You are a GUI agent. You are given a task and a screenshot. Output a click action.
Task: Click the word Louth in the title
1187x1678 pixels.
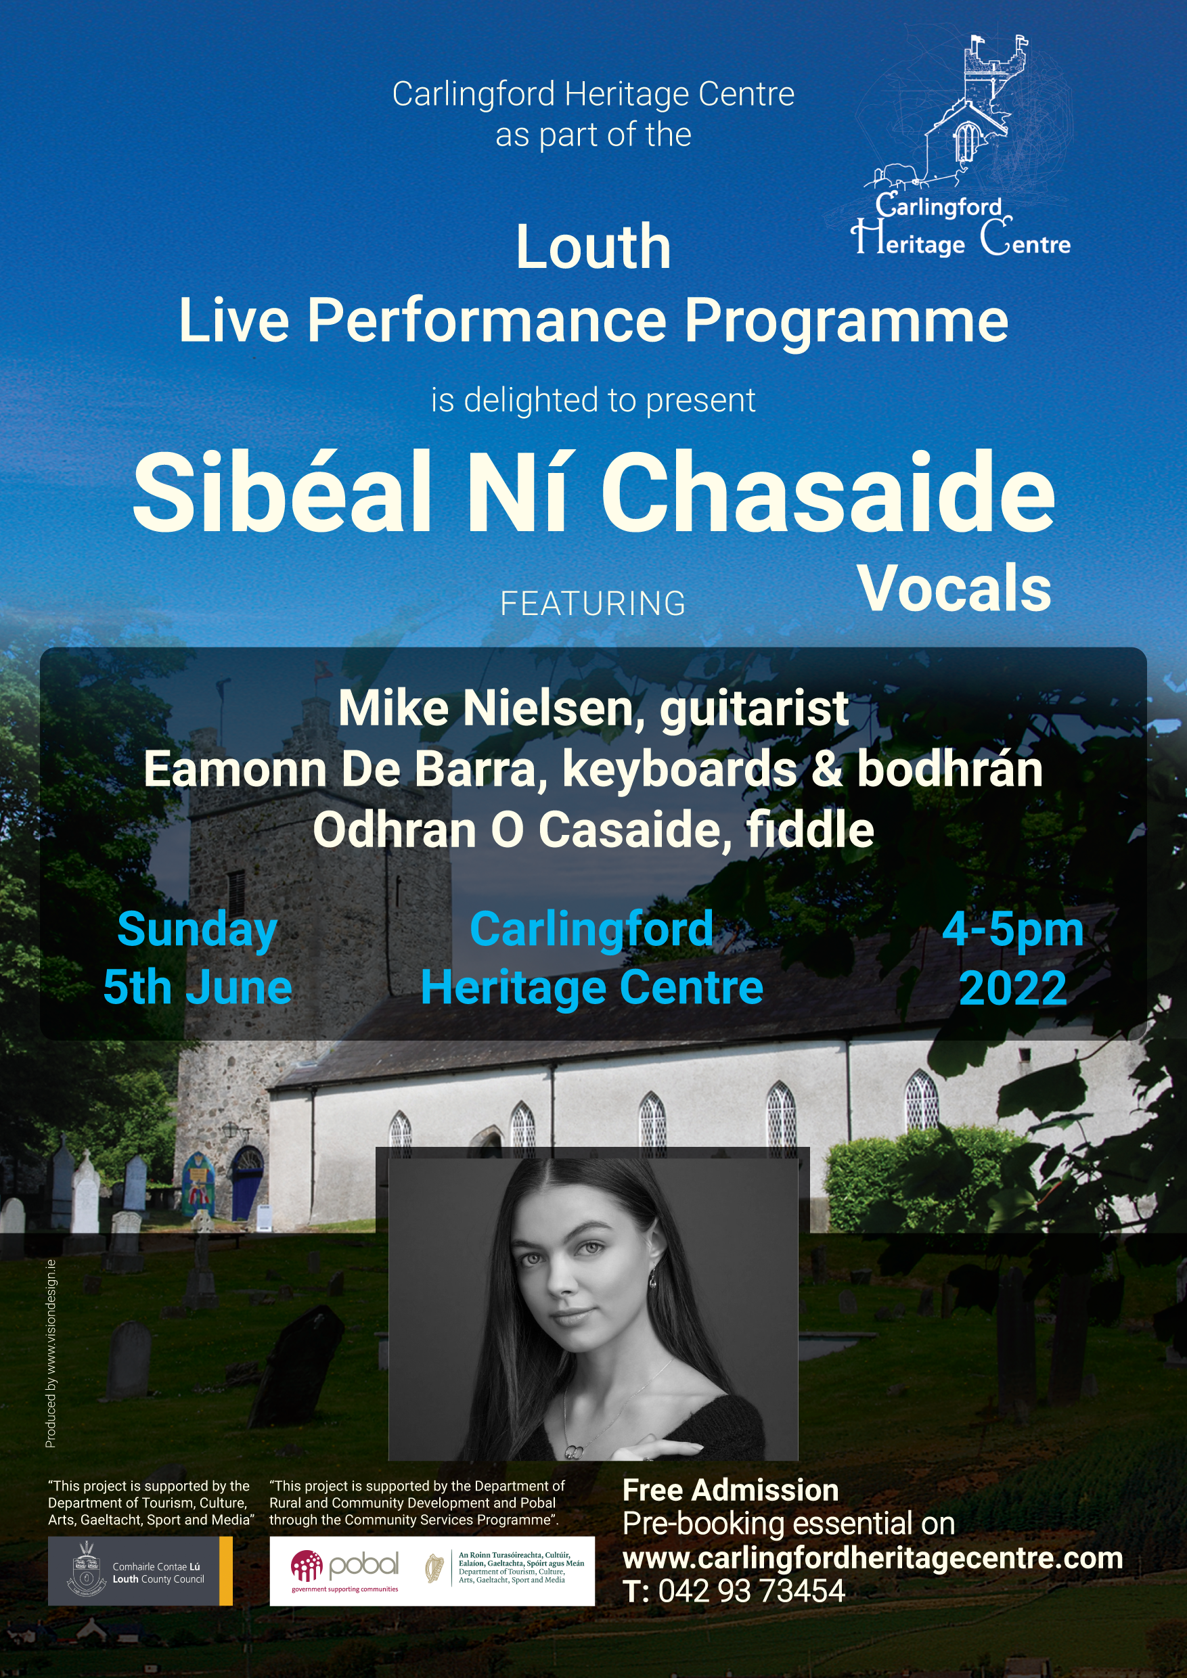pos(593,247)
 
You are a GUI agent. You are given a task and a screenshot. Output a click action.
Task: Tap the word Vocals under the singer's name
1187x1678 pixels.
pos(955,589)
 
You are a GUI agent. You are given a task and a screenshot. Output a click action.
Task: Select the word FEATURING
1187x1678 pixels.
pos(593,604)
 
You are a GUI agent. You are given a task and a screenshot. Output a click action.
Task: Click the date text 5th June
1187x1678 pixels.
pos(198,987)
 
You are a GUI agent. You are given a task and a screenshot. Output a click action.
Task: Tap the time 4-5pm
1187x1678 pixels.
pos(1013,930)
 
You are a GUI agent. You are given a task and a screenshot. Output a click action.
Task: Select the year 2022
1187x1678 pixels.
pos(1013,988)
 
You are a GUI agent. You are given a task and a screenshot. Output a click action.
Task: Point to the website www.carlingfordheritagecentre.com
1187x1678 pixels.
pos(873,1558)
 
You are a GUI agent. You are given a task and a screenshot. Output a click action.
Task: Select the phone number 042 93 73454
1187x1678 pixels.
pos(751,1591)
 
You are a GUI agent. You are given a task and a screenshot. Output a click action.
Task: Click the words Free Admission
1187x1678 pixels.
pos(730,1490)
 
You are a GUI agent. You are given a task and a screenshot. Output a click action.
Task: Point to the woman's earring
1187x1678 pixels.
pos(652,1280)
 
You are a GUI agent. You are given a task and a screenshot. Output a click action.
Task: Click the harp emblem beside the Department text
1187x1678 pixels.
pos(435,1569)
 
